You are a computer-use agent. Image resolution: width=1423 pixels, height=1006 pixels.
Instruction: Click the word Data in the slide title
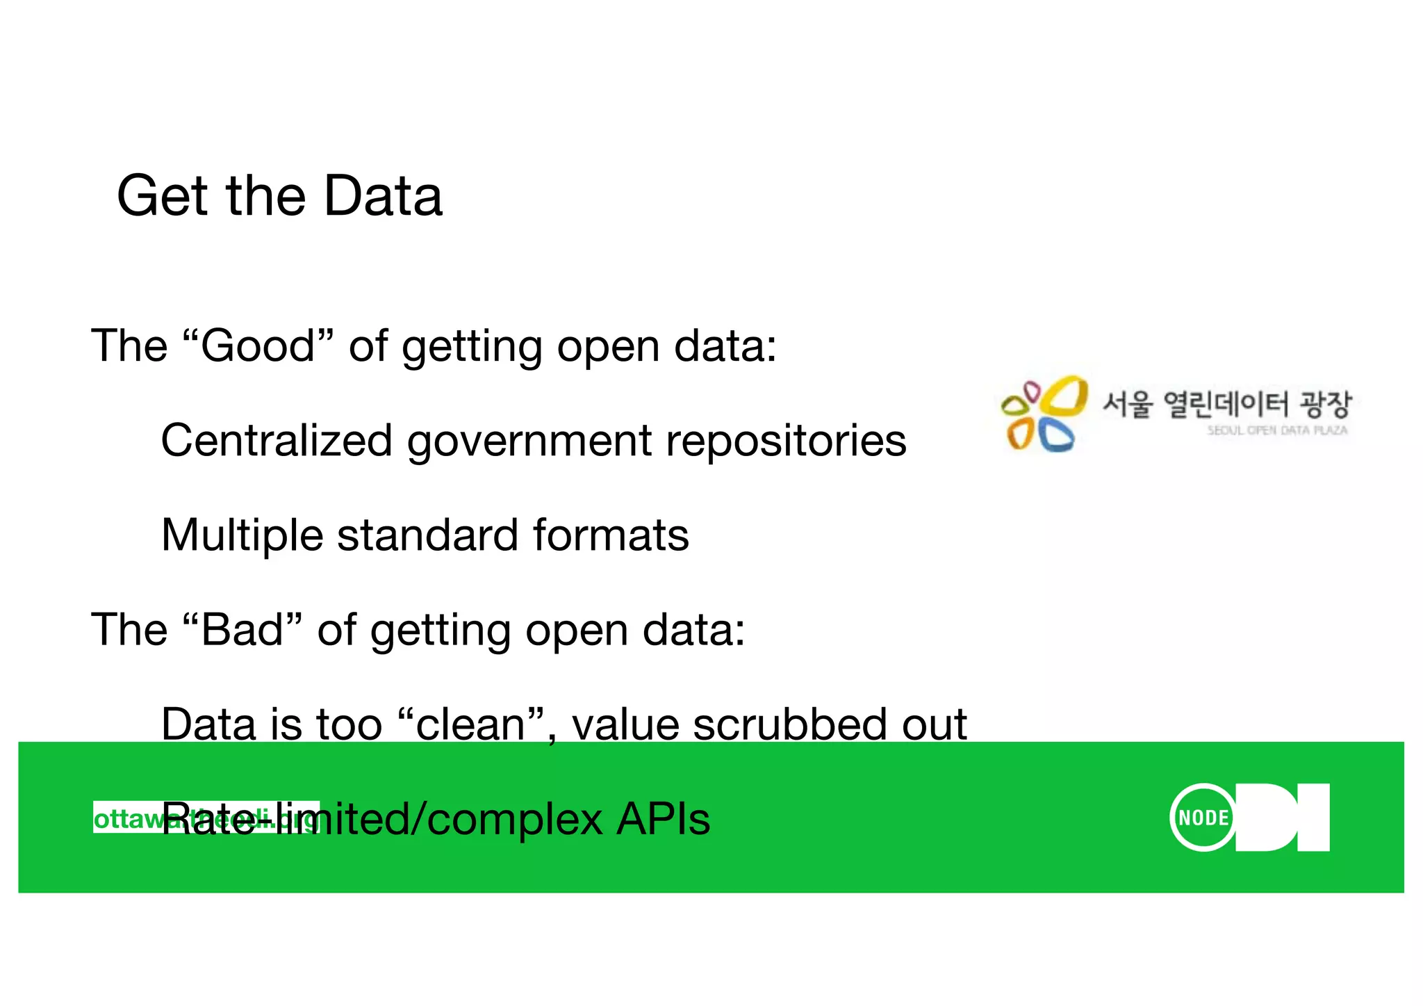(383, 196)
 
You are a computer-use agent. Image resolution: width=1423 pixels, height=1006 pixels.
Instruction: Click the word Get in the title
(162, 196)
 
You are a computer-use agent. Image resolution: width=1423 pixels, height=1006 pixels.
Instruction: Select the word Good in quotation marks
(258, 346)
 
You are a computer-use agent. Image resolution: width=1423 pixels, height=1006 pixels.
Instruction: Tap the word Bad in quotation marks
(242, 630)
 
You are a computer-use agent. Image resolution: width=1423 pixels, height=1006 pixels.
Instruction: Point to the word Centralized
(277, 441)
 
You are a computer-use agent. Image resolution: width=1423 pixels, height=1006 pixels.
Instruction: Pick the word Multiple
(242, 536)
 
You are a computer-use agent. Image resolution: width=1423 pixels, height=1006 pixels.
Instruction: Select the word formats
(611, 535)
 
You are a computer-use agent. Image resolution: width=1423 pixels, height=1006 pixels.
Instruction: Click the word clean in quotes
(470, 724)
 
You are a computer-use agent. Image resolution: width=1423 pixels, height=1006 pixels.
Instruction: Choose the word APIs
(664, 819)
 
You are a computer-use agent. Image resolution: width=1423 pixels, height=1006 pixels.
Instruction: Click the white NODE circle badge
(1203, 818)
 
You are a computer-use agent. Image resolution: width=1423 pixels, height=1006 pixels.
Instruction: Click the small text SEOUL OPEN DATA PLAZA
(1277, 430)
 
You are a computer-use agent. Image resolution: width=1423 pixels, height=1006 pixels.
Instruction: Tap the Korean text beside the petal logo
(1226, 404)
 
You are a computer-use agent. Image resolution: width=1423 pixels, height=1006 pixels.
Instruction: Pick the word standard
(427, 535)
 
